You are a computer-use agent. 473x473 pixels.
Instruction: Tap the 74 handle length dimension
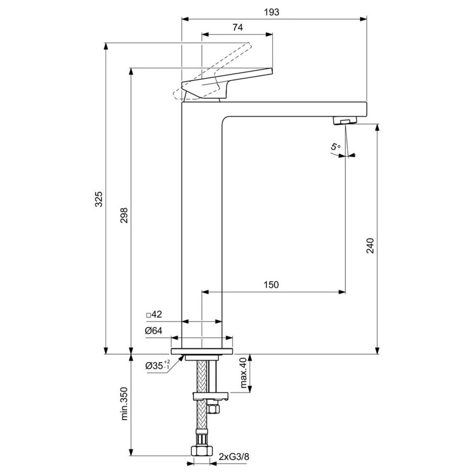coord(238,27)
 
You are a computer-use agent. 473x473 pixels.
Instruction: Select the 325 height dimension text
coord(99,199)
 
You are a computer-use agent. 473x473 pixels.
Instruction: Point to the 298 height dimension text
coord(124,215)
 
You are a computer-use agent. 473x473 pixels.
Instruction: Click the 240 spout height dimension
coord(370,245)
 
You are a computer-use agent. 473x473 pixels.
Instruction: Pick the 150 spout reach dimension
coord(271,285)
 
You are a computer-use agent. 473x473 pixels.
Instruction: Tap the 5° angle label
coord(336,146)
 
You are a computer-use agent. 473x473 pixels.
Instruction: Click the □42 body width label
coord(154,314)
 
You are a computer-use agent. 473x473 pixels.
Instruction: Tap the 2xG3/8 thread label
coord(234,457)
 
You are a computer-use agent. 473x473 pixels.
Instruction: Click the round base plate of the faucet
coord(202,351)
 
